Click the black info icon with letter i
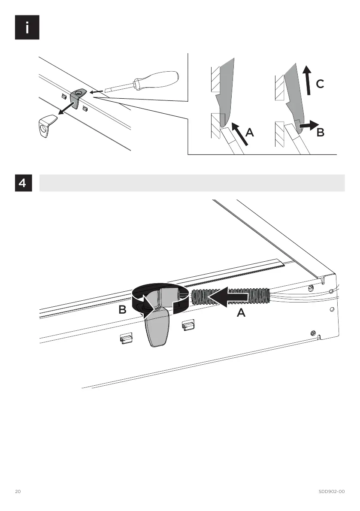pyautogui.click(x=27, y=27)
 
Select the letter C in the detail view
pyautogui.click(x=320, y=85)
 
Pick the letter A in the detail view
pyautogui.click(x=250, y=133)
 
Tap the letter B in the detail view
pyautogui.click(x=320, y=133)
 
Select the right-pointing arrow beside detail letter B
pyautogui.click(x=308, y=125)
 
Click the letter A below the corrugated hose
pyautogui.click(x=241, y=314)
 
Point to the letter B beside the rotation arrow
pyautogui.click(x=122, y=310)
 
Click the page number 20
pyautogui.click(x=18, y=491)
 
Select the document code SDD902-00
pyautogui.click(x=331, y=491)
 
